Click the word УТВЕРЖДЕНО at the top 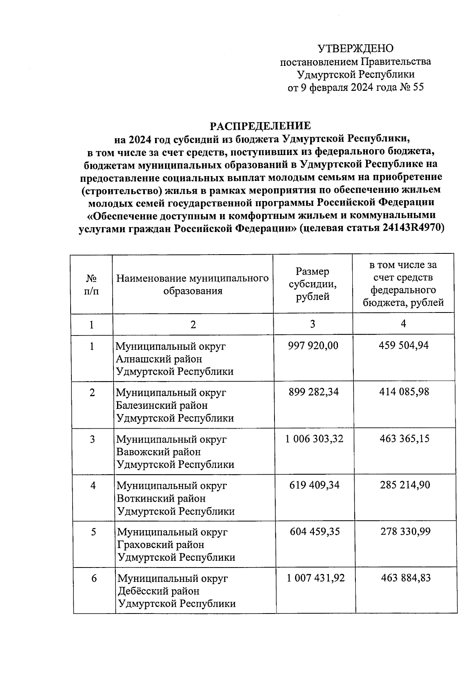pos(355,48)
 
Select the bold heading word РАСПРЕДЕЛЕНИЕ pos(260,126)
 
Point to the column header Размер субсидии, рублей pos(313,284)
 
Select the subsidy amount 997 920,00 pos(313,346)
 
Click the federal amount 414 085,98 pos(403,392)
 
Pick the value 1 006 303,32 pos(314,439)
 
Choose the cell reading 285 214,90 pos(404,485)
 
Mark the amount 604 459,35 pos(315,531)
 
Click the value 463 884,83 pos(406,578)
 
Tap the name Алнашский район pos(159,359)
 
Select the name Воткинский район pos(161,499)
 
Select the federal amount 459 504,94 pos(403,346)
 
